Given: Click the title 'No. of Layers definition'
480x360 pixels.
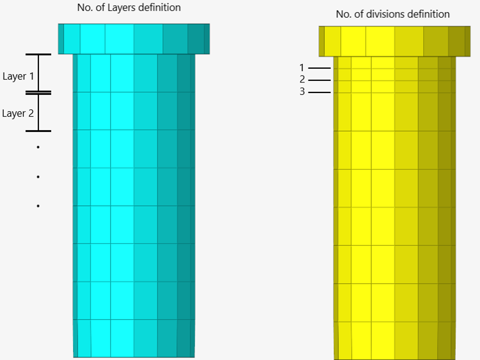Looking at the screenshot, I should [129, 8].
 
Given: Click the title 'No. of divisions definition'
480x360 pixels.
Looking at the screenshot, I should [392, 14].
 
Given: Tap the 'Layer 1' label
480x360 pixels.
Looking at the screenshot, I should [19, 77].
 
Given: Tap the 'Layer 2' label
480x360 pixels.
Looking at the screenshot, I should [19, 113].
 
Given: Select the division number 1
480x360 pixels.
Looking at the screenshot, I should [302, 67].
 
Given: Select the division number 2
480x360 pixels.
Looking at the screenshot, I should [302, 80].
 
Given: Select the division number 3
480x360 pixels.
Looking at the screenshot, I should [302, 92].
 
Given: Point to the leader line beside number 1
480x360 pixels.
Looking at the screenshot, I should [319, 68].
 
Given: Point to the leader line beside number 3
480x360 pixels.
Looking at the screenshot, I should [319, 92].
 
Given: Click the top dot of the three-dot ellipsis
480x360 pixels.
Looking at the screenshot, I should [38, 147].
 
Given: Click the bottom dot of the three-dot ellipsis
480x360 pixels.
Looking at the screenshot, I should [38, 206].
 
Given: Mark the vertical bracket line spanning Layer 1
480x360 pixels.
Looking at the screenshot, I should [38, 73].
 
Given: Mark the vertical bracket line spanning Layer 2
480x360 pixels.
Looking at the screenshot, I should [38, 112].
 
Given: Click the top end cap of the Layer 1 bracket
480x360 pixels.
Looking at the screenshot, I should [38, 55].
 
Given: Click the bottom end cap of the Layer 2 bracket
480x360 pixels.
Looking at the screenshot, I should [38, 131].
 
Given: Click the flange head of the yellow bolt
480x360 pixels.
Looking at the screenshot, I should [394, 41].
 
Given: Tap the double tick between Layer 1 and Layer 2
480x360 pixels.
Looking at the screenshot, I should [38, 92].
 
